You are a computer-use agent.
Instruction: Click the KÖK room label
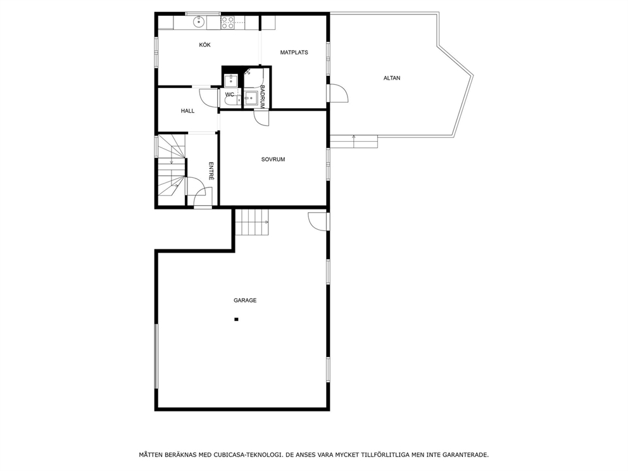[x=204, y=45]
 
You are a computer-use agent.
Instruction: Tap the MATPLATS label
[x=294, y=53]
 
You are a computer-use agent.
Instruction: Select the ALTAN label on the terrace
[x=392, y=78]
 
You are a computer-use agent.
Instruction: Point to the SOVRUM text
[x=273, y=160]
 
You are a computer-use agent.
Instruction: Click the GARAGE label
[x=245, y=300]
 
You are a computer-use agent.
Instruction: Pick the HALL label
[x=187, y=111]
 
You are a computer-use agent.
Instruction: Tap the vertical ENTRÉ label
[x=211, y=171]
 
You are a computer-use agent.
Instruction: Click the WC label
[x=230, y=95]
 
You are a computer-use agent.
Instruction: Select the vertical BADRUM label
[x=263, y=96]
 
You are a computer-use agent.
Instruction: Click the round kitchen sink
[x=199, y=22]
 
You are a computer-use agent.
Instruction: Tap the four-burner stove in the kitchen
[x=228, y=22]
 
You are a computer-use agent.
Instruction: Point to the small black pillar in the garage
[x=236, y=319]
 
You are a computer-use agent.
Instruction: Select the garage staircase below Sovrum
[x=251, y=222]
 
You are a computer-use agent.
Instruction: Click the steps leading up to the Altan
[x=354, y=142]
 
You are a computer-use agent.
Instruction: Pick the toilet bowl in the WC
[x=230, y=100]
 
